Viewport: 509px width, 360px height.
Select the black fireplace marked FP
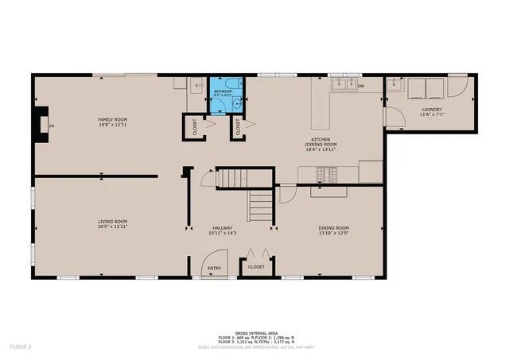[42, 125]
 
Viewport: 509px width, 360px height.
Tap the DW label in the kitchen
[360, 86]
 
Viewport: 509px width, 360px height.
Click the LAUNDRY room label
[432, 110]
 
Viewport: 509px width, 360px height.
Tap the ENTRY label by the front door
[215, 268]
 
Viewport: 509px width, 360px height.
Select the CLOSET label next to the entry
[256, 267]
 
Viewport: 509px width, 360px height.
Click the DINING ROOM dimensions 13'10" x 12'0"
[332, 233]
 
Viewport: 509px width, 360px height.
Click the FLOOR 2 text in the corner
[20, 347]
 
